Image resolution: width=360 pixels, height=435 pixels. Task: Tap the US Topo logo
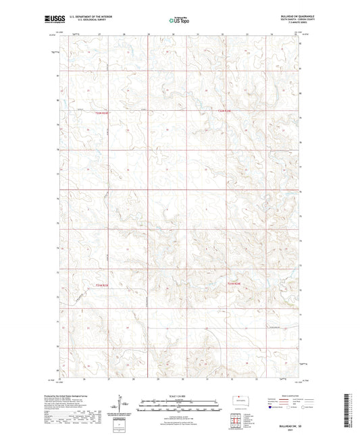click(178, 21)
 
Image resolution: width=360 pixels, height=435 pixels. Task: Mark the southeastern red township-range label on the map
click(234, 283)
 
